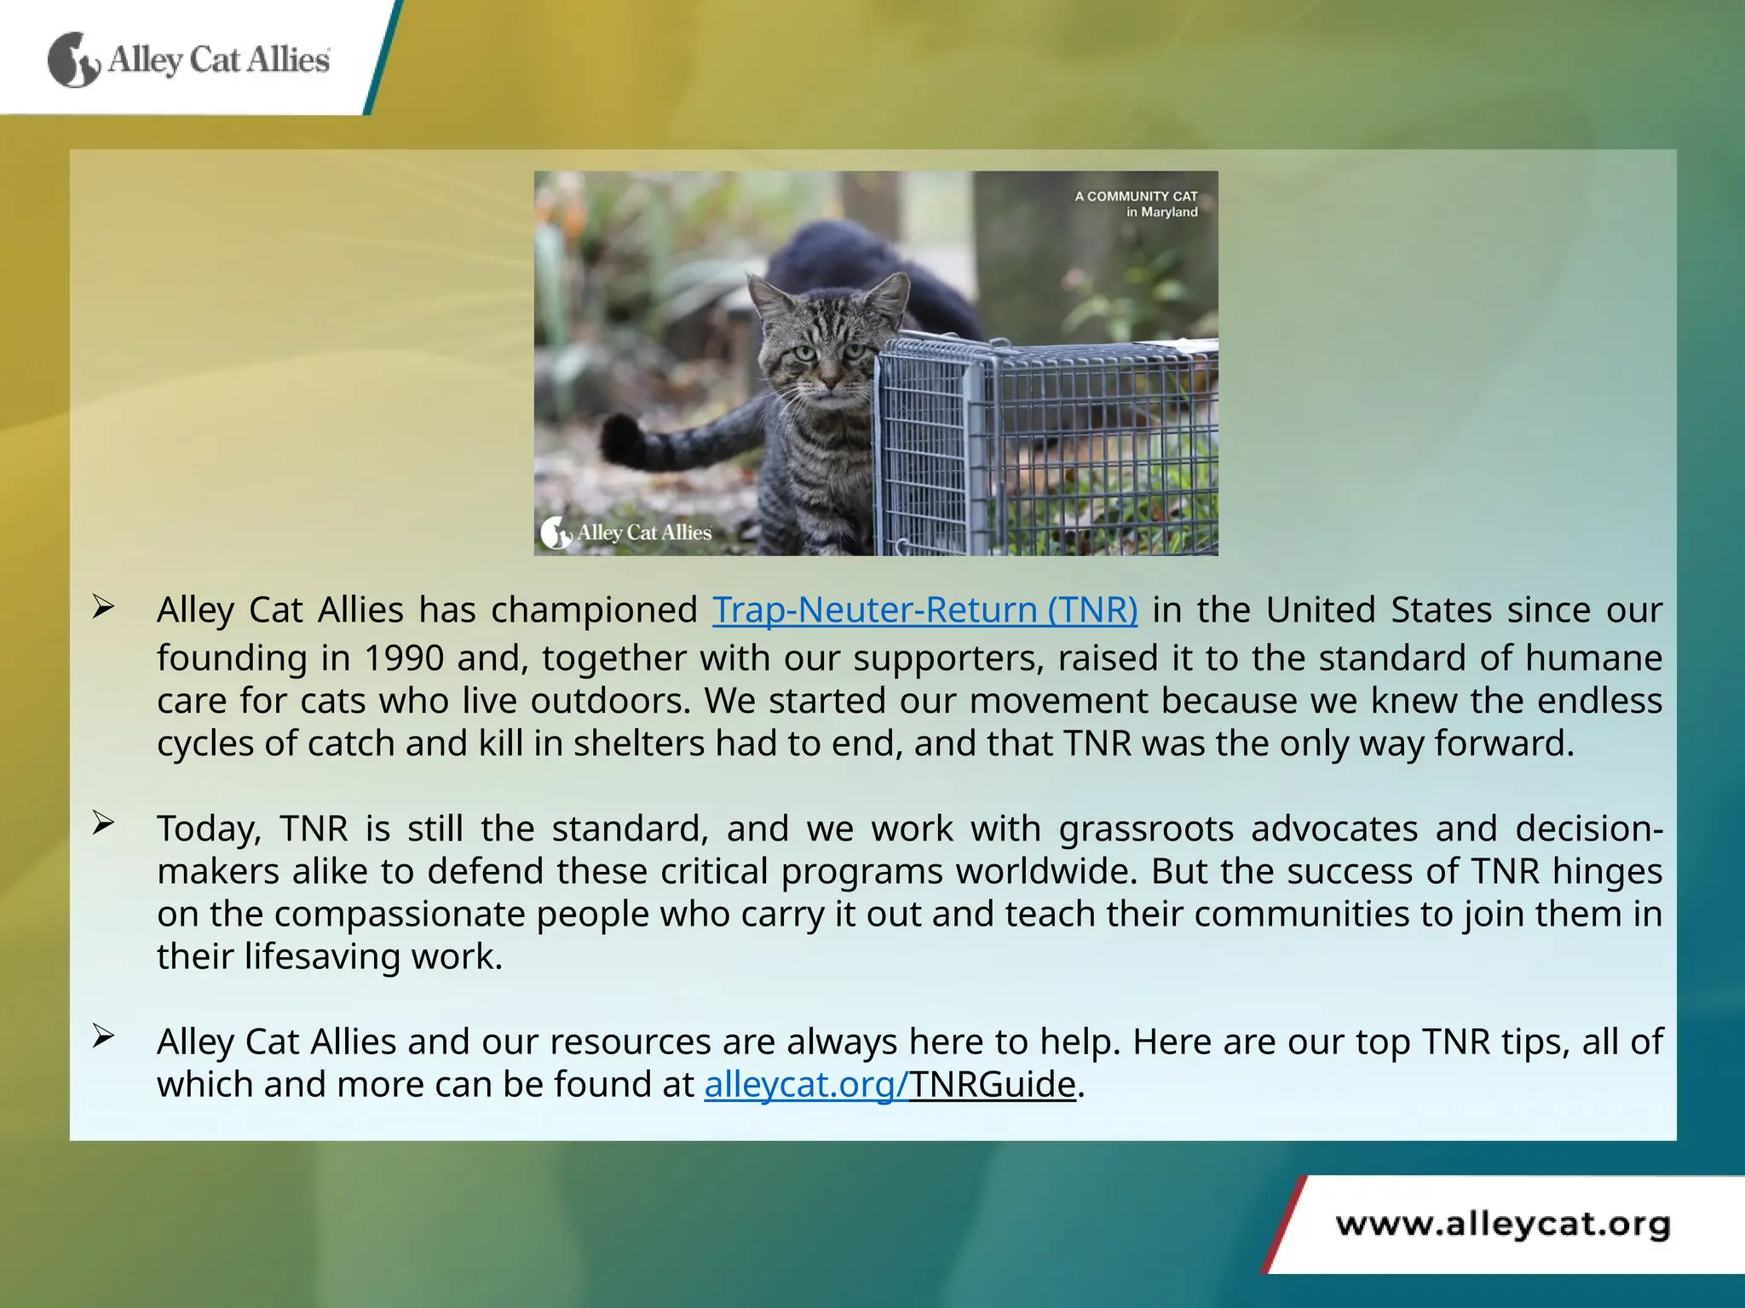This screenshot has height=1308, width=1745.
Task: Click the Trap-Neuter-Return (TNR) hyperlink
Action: point(924,610)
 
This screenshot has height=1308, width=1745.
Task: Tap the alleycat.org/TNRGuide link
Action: point(890,1084)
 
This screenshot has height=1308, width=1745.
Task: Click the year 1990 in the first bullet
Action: point(404,658)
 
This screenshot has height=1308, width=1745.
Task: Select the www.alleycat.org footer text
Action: point(1503,1225)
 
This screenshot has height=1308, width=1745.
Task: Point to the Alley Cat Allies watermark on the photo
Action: point(626,533)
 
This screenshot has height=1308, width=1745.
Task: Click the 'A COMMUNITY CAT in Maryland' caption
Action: point(1137,204)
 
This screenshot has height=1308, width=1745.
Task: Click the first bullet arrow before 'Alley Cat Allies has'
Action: point(103,607)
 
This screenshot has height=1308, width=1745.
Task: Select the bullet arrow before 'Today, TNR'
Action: point(103,823)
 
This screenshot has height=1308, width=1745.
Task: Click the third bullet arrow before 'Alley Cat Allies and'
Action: point(103,1036)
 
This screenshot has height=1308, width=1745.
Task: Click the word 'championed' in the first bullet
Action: point(594,610)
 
